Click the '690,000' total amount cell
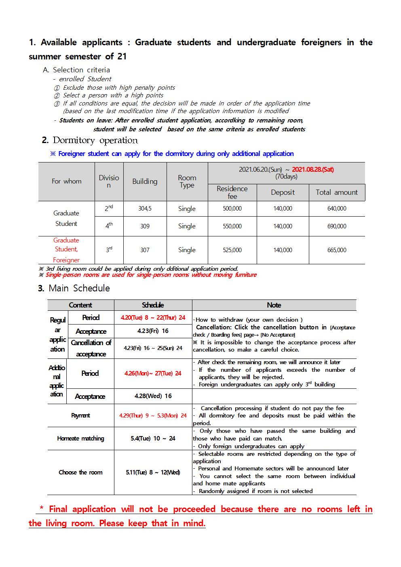point(337,226)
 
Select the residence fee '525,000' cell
point(232,250)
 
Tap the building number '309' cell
point(145,226)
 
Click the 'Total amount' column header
point(337,192)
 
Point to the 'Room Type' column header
point(187,181)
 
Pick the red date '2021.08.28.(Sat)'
point(312,169)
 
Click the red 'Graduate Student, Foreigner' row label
point(66,250)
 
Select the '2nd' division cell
point(109,209)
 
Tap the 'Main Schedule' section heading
point(79,288)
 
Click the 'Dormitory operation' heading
point(95,140)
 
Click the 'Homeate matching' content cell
point(80,438)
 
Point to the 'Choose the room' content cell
point(80,472)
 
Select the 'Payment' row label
point(80,415)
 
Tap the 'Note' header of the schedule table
point(274,305)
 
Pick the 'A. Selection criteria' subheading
point(76,70)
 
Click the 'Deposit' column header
point(283,192)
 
